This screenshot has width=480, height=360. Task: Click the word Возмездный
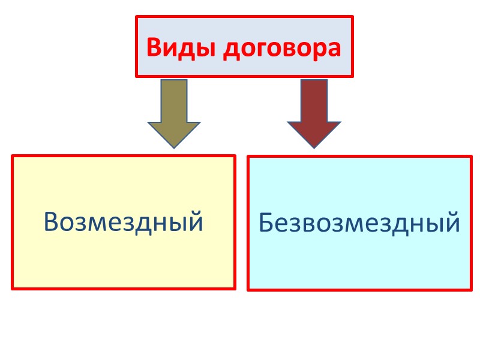pyautogui.click(x=124, y=222)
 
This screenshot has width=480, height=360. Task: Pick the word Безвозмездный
pyautogui.click(x=359, y=223)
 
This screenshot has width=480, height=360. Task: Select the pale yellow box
pyautogui.click(x=124, y=258)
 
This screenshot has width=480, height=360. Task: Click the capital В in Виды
pyautogui.click(x=154, y=47)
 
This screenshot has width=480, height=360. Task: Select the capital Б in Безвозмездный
pyautogui.click(x=266, y=223)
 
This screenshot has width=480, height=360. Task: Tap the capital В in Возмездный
pyautogui.click(x=52, y=222)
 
